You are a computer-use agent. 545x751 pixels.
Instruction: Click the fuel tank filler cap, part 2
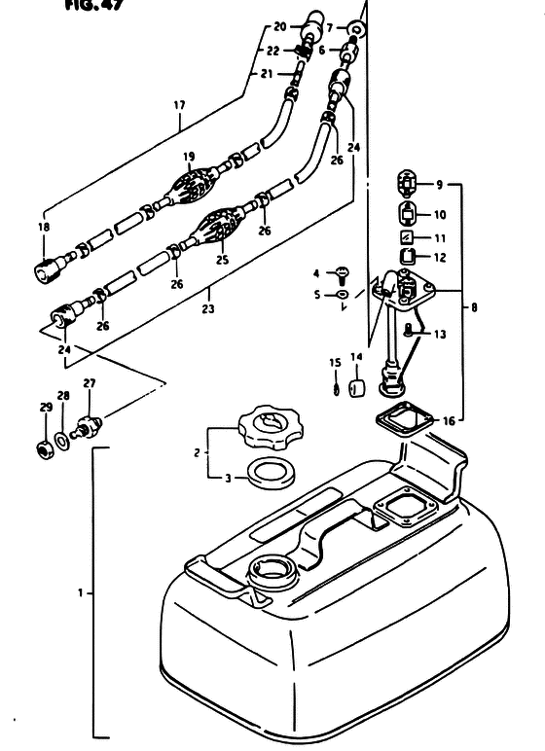[x=271, y=427]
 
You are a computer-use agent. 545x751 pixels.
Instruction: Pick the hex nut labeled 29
[x=46, y=449]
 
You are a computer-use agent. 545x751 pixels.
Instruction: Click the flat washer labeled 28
[x=62, y=441]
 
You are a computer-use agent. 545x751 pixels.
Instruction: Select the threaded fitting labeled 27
[x=87, y=427]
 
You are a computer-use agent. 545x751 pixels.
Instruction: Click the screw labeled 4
[x=344, y=275]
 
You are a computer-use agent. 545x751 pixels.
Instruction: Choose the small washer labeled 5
[x=344, y=294]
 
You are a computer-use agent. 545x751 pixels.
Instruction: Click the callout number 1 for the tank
[x=81, y=593]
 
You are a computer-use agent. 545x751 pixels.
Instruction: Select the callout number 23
[x=208, y=309]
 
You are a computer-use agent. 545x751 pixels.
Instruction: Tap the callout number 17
[x=179, y=105]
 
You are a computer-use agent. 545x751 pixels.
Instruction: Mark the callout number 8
[x=474, y=307]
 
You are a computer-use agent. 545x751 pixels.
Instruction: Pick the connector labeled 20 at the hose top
[x=312, y=24]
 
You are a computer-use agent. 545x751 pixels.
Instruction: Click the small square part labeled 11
[x=407, y=237]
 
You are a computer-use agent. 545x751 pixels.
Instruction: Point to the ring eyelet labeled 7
[x=355, y=28]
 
